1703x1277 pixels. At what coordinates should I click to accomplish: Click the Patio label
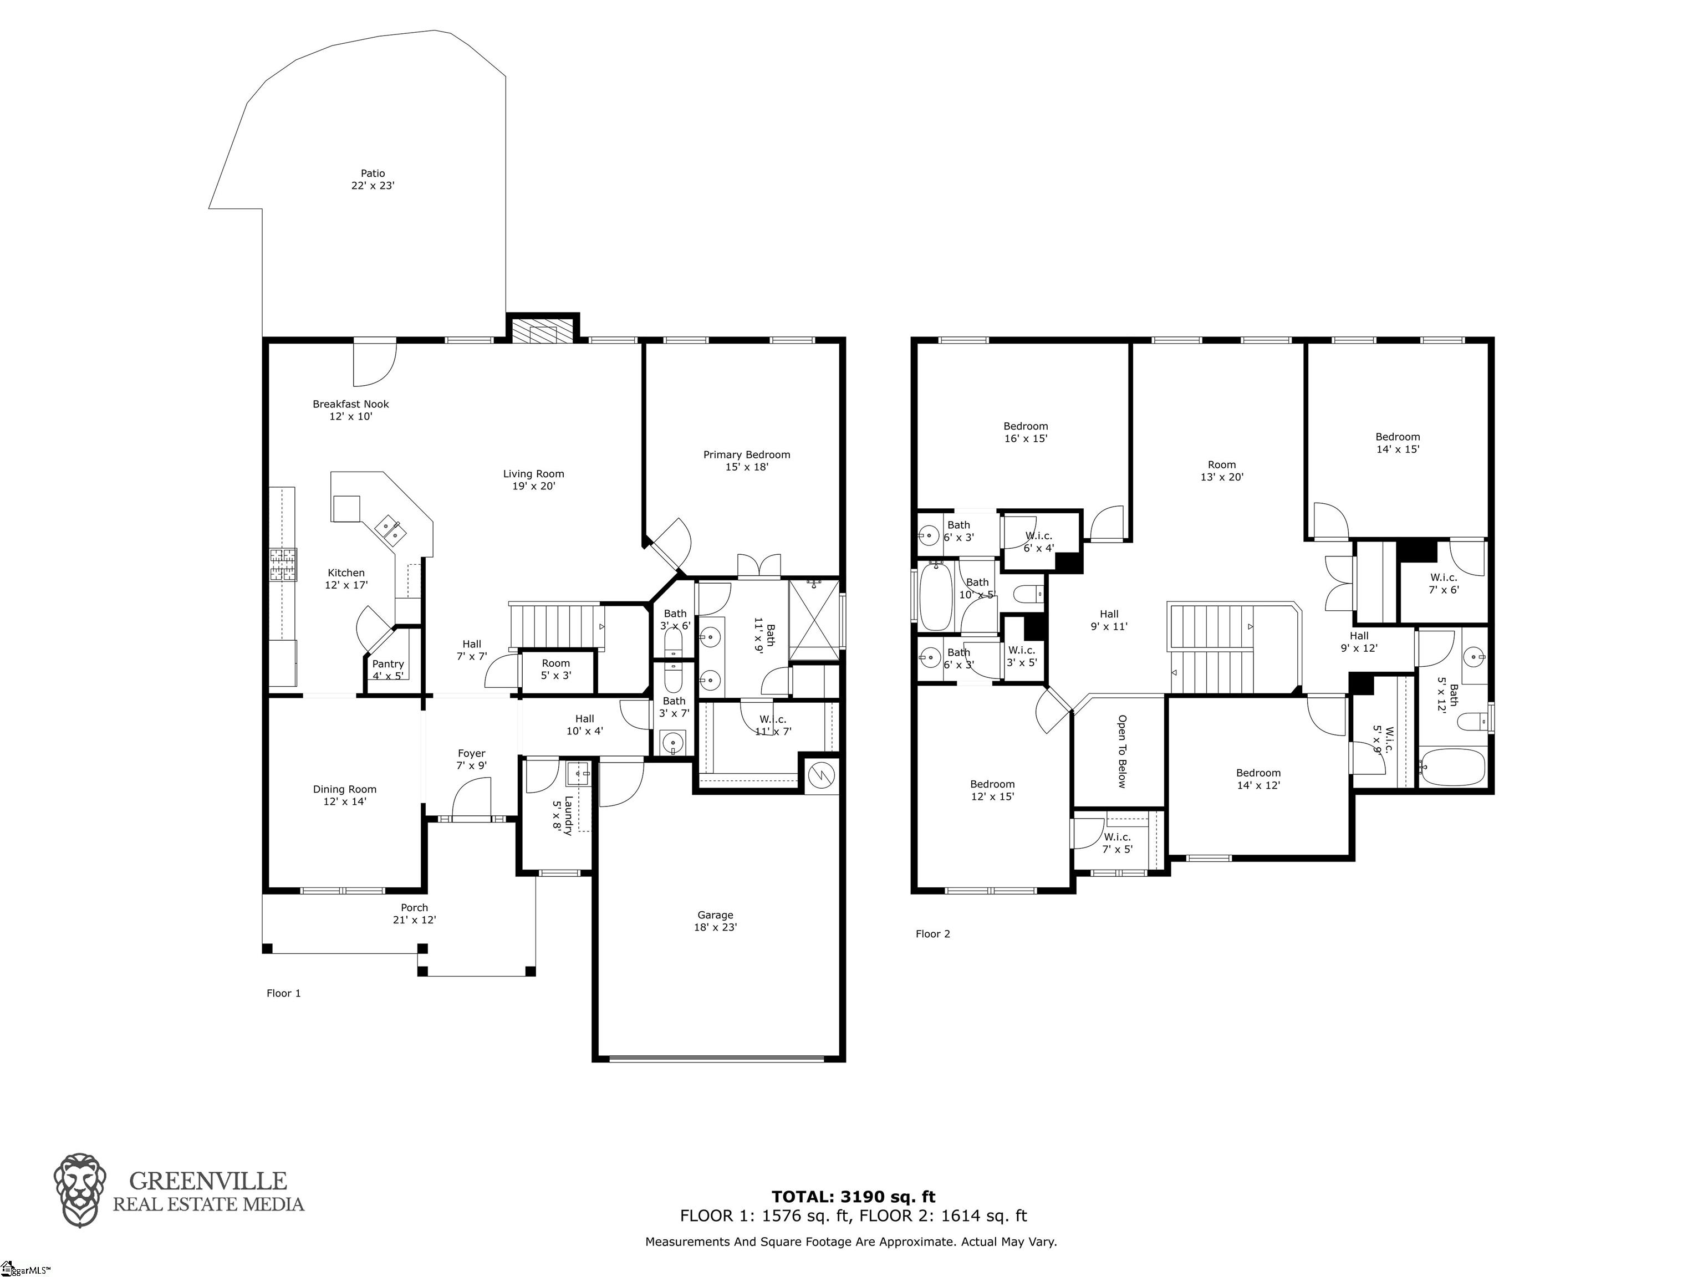click(373, 180)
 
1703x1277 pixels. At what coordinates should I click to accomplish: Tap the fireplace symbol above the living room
click(542, 329)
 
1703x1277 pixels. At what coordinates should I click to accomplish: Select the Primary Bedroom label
click(746, 460)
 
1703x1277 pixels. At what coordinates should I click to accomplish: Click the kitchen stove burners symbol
click(283, 564)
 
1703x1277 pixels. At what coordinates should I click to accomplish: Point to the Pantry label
click(388, 670)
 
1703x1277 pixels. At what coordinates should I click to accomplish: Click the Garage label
click(715, 921)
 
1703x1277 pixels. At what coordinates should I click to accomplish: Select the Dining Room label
click(345, 794)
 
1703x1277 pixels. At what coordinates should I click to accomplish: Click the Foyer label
click(471, 759)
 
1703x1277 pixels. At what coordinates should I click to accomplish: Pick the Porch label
click(414, 913)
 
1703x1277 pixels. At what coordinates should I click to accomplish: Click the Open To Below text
click(1121, 751)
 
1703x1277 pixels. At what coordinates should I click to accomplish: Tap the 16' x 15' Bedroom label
click(1026, 432)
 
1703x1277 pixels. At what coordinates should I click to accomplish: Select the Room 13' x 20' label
click(1222, 471)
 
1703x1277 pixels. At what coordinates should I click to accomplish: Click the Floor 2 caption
click(932, 934)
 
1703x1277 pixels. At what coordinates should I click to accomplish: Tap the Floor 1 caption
click(283, 993)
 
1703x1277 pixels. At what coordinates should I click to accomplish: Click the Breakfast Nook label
click(350, 410)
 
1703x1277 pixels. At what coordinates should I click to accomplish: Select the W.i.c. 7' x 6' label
click(1444, 584)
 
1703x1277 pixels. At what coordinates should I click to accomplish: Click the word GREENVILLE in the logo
click(208, 1181)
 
